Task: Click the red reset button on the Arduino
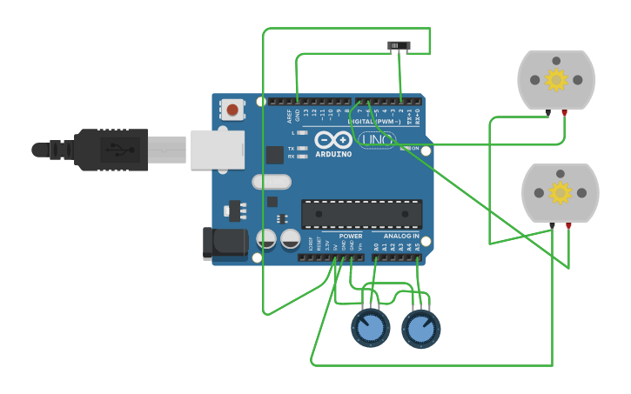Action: pyautogui.click(x=232, y=110)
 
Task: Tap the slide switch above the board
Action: pyautogui.click(x=399, y=45)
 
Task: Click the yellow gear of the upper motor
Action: pyautogui.click(x=556, y=80)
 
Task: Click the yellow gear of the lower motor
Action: pyautogui.click(x=560, y=192)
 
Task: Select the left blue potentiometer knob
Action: pyautogui.click(x=371, y=329)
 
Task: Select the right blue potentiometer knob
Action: pyautogui.click(x=421, y=329)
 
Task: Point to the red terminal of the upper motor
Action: pyautogui.click(x=565, y=112)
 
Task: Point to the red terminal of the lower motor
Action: pyautogui.click(x=568, y=225)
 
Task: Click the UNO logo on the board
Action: pyautogui.click(x=377, y=139)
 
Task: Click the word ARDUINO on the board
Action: pyautogui.click(x=334, y=154)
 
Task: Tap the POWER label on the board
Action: pyautogui.click(x=351, y=236)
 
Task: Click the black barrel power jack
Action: pyautogui.click(x=225, y=244)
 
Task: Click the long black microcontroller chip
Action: pyautogui.click(x=361, y=214)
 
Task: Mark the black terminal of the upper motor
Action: pyautogui.click(x=547, y=112)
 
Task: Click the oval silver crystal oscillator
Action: pyautogui.click(x=272, y=182)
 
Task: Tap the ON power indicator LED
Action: pyautogui.click(x=404, y=149)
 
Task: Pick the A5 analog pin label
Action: pyautogui.click(x=418, y=247)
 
